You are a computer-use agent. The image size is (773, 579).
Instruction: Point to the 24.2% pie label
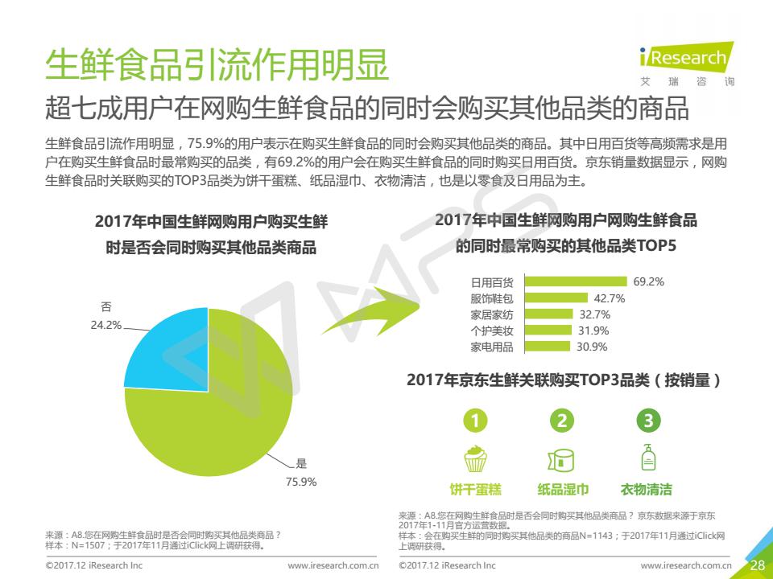coord(106,326)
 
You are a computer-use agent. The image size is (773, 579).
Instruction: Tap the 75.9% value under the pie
coord(302,482)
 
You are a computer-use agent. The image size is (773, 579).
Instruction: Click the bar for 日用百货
coord(575,281)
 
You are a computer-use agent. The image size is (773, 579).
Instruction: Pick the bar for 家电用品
coord(548,347)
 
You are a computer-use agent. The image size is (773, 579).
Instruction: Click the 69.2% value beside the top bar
coord(649,281)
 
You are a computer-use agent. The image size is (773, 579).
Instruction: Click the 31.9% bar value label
coord(593,331)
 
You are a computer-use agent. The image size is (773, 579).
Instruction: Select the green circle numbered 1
coord(477,420)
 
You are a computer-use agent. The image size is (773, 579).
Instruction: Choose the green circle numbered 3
coord(647,420)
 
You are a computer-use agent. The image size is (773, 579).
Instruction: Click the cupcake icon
coord(476,458)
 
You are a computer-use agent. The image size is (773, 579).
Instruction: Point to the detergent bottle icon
coord(647,458)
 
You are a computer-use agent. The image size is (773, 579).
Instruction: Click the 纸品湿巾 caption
coord(563,489)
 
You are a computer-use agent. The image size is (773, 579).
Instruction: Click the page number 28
coord(757,565)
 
